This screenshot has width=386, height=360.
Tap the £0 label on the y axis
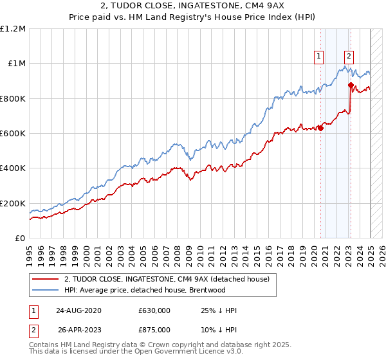tap(21, 239)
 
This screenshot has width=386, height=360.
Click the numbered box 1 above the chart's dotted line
tap(318, 56)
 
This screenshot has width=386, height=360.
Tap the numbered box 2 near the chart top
tap(349, 56)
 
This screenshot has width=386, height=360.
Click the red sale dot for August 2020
tap(320, 127)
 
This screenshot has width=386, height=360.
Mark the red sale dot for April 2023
tap(351, 85)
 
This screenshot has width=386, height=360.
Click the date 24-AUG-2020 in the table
tap(78, 310)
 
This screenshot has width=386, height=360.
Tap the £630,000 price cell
tap(154, 310)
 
